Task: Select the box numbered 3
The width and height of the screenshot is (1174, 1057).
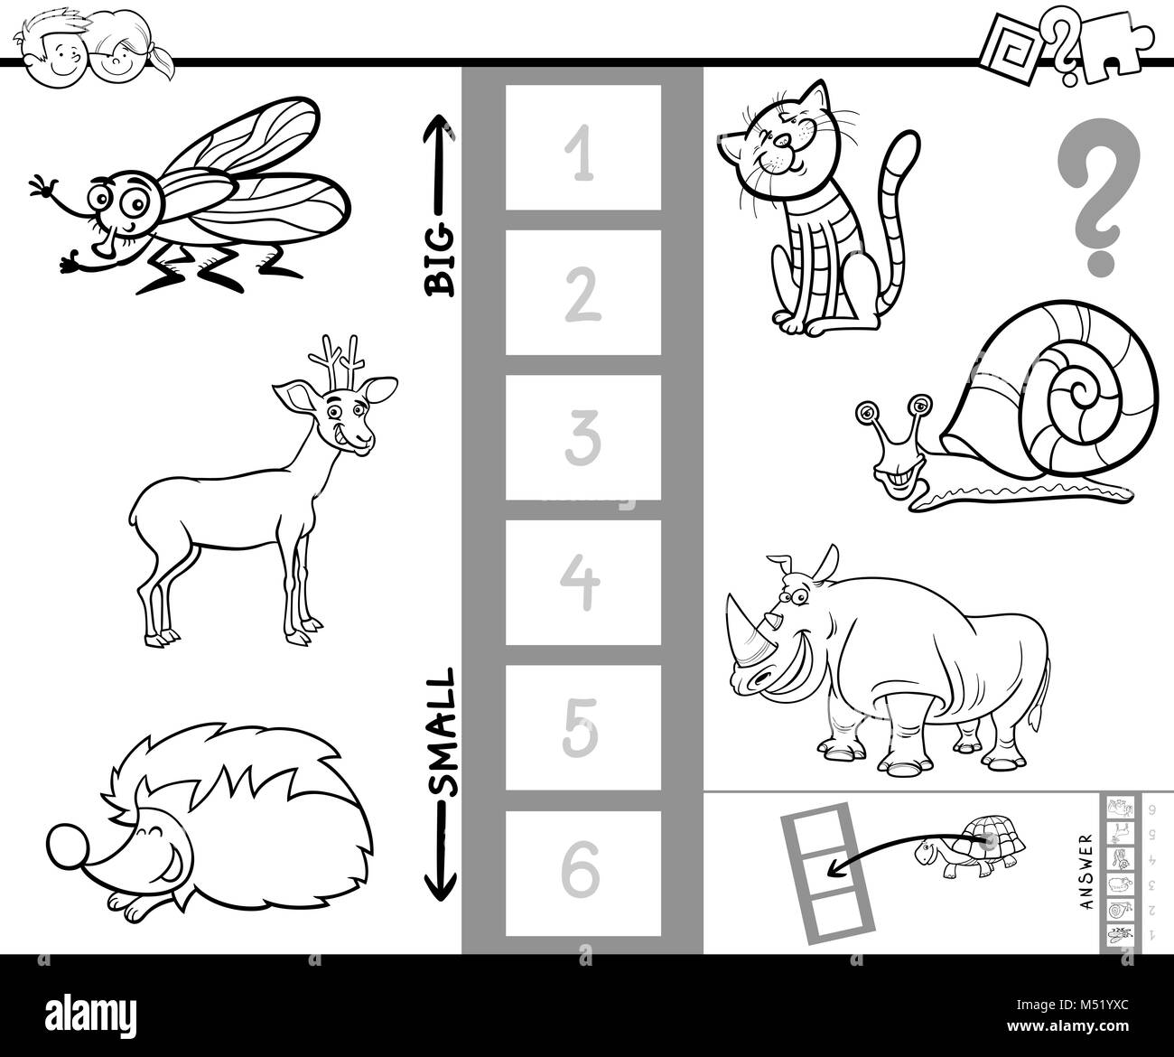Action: tap(582, 437)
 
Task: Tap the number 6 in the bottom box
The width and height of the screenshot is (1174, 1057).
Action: tap(582, 873)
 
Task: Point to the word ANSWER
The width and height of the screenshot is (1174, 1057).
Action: tap(1086, 872)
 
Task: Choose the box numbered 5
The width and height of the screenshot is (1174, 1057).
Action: tap(582, 728)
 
